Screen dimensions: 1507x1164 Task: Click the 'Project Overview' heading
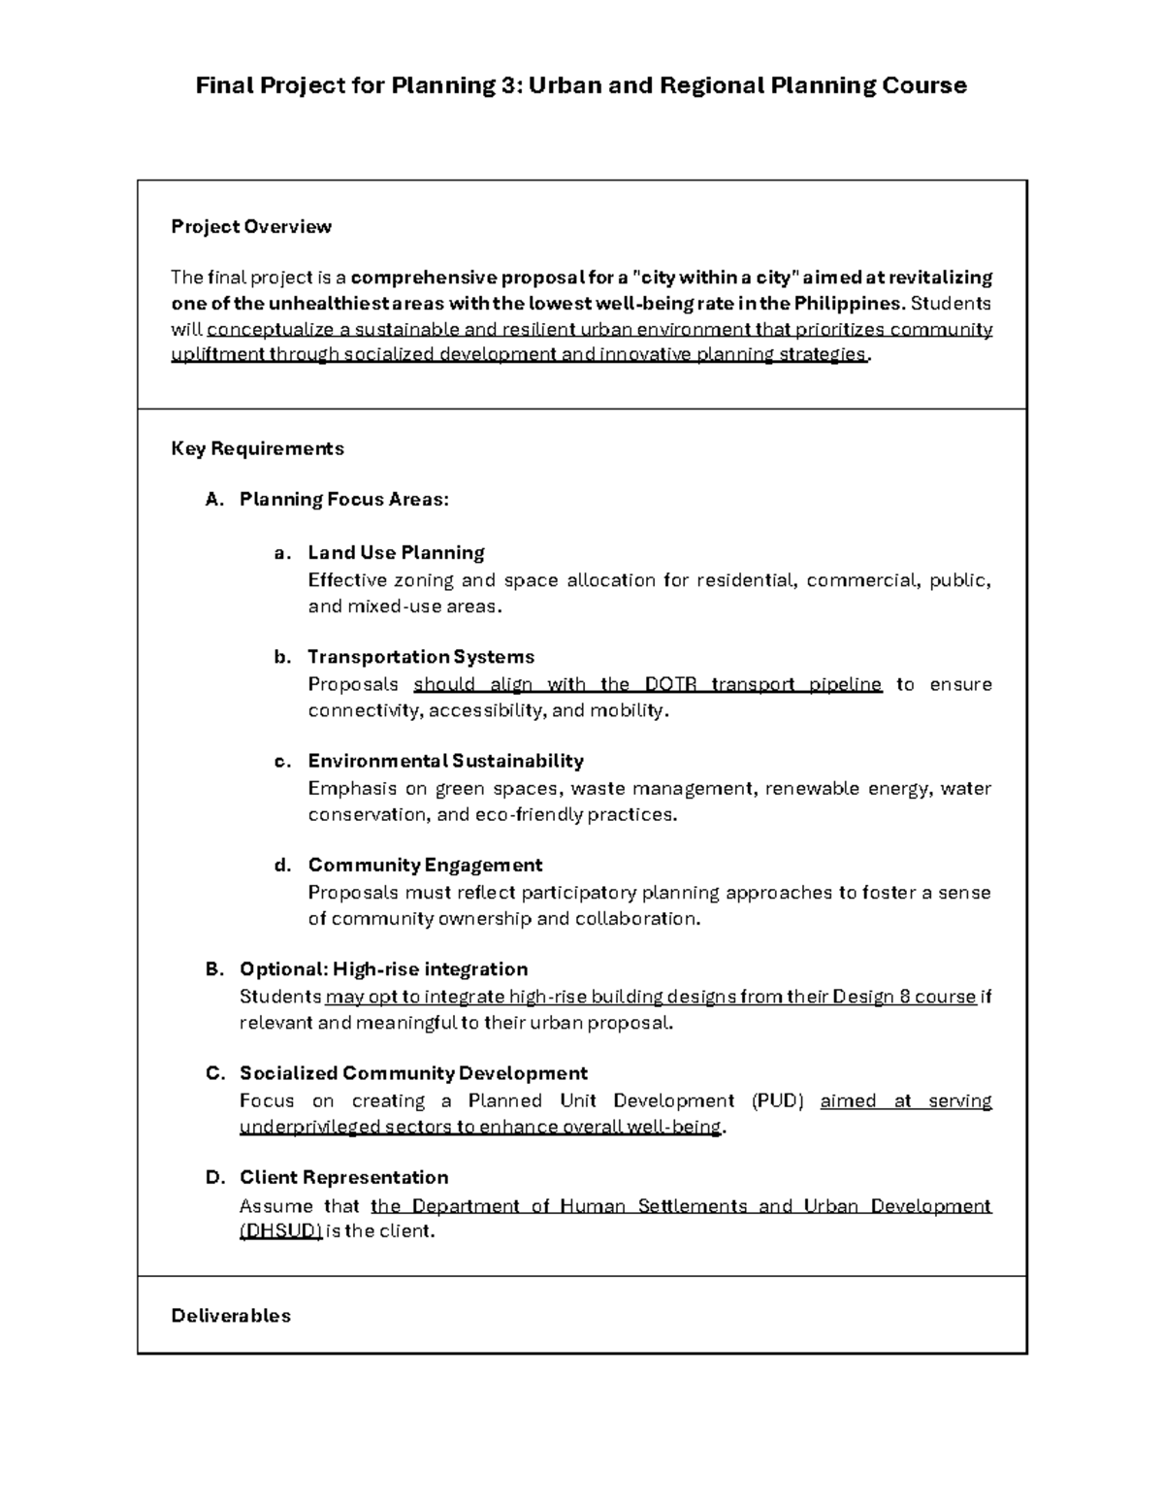coord(251,227)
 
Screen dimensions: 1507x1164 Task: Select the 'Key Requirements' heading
coord(257,448)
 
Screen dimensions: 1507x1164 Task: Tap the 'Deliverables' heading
coord(231,1316)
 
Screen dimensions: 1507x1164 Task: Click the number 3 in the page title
coord(510,85)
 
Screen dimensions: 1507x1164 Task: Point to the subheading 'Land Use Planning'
coord(396,553)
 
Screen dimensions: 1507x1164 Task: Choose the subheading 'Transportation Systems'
coord(421,657)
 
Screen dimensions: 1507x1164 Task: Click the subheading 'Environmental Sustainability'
coord(445,761)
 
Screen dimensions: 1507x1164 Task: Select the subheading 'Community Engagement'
coord(425,865)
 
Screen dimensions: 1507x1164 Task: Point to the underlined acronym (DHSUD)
coord(280,1231)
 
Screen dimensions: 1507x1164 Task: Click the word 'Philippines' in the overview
coord(849,303)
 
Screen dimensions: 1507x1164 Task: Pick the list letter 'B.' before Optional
coord(214,969)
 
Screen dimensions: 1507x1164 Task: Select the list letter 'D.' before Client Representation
coord(214,1178)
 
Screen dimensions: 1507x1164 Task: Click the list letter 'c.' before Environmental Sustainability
coord(282,761)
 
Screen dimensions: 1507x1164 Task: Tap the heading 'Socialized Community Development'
coord(413,1073)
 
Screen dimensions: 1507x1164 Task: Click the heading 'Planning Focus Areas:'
coord(344,500)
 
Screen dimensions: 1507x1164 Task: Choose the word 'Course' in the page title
coord(924,85)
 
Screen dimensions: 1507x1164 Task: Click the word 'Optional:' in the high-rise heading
coord(283,969)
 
